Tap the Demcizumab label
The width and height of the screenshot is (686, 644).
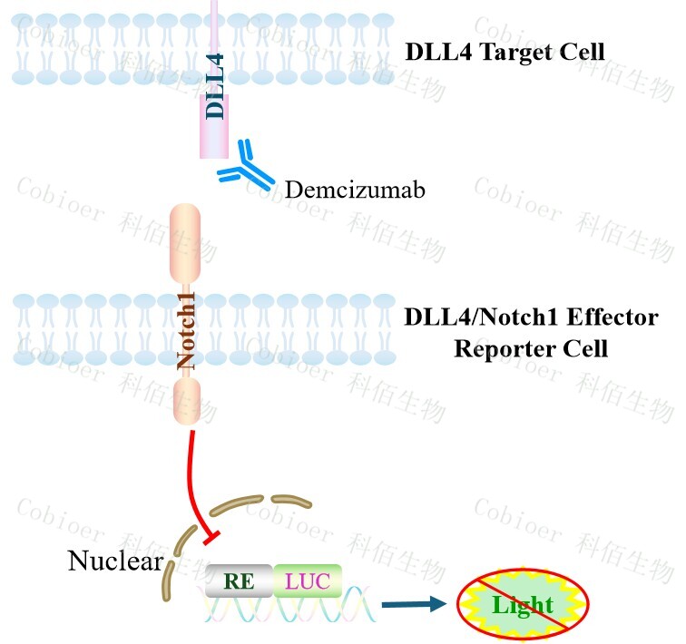tap(355, 190)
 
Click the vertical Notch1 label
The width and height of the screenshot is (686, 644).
tap(186, 337)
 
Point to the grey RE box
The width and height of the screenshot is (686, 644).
tap(238, 581)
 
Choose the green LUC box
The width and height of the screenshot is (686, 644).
tap(308, 581)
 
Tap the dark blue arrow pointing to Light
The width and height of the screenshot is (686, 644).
tap(413, 603)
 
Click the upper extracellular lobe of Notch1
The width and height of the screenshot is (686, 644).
tap(186, 244)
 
